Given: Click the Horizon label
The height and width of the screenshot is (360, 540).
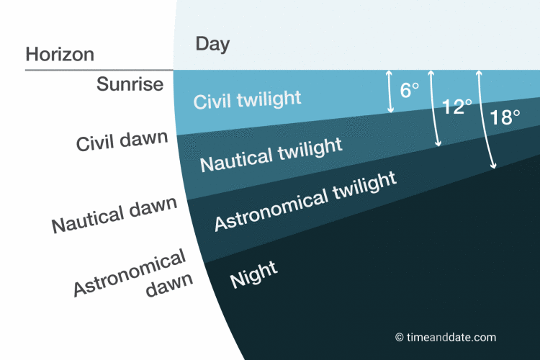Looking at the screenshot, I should click(x=60, y=54).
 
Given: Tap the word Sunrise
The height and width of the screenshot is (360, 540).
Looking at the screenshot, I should click(x=130, y=85).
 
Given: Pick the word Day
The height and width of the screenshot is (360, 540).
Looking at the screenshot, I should click(x=212, y=44).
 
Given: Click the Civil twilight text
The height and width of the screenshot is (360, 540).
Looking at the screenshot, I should click(x=247, y=99).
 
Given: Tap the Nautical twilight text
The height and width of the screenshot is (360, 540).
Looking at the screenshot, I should click(x=271, y=154).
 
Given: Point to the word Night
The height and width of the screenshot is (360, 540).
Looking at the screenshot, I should click(x=253, y=275).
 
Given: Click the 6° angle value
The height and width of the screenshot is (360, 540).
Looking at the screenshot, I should click(x=409, y=91).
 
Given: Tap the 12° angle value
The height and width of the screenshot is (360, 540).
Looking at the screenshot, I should click(x=456, y=108).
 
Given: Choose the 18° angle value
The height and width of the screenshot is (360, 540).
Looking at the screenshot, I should click(x=505, y=117).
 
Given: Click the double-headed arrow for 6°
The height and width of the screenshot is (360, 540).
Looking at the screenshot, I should click(x=390, y=91).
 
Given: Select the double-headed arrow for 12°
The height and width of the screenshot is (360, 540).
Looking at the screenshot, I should click(x=434, y=108).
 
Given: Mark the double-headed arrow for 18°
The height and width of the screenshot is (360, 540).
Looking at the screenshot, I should click(x=486, y=119).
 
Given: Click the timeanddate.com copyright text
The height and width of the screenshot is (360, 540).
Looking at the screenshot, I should click(x=450, y=337).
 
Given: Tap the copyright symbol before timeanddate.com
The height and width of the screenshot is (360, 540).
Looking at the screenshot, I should click(x=399, y=337).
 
